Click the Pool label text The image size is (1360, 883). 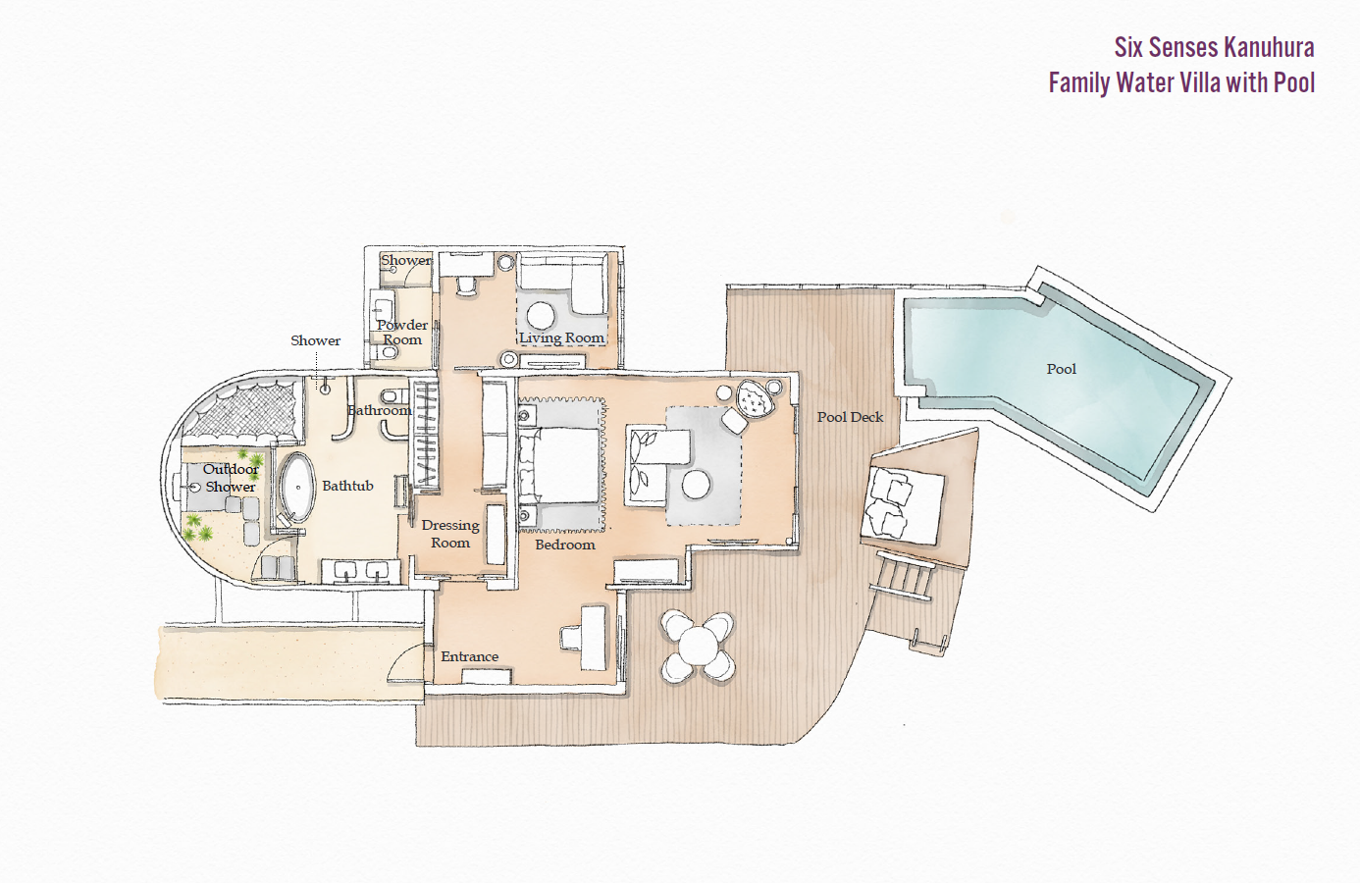[1061, 369]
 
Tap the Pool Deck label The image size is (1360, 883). [850, 417]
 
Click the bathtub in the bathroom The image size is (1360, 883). [297, 487]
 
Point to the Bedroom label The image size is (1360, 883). [564, 545]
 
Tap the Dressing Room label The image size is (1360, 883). [450, 534]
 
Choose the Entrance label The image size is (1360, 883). [469, 656]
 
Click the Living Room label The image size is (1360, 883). [561, 338]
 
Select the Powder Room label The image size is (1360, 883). [401, 332]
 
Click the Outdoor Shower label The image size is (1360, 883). [231, 478]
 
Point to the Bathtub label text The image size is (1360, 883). [347, 486]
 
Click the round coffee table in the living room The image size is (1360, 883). [541, 316]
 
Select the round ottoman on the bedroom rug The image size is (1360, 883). [696, 484]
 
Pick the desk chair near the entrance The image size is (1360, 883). [572, 638]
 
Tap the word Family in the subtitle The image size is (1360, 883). [1078, 82]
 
